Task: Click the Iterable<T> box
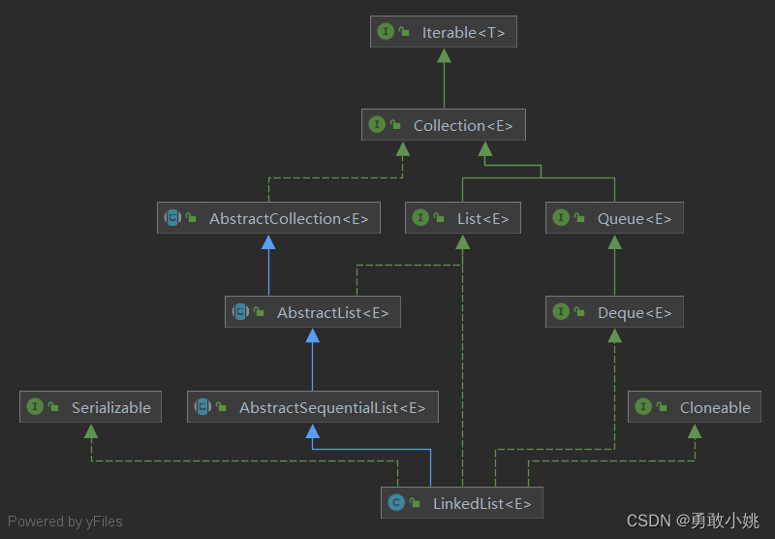(x=444, y=32)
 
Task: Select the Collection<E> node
(x=444, y=125)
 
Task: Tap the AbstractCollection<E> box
(x=268, y=218)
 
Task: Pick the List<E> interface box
(x=463, y=218)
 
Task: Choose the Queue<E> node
(x=614, y=218)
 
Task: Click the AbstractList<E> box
(x=312, y=312)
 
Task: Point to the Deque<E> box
(x=614, y=312)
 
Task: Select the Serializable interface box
(x=91, y=407)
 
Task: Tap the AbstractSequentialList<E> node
(x=312, y=407)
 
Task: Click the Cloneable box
(x=695, y=407)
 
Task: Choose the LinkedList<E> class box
(x=462, y=502)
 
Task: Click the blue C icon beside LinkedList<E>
(x=395, y=502)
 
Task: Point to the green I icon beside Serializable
(x=36, y=407)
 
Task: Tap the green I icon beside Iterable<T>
(x=386, y=32)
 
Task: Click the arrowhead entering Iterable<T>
(x=444, y=55)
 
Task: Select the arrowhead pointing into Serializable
(x=91, y=430)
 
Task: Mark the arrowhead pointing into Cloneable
(x=695, y=430)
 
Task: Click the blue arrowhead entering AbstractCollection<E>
(x=268, y=241)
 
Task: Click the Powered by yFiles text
(x=65, y=522)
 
